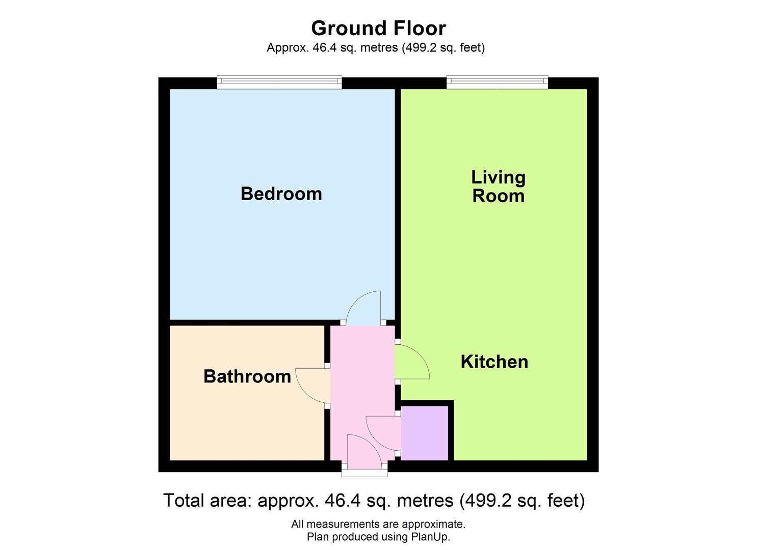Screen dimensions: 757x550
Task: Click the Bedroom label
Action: pyautogui.click(x=281, y=194)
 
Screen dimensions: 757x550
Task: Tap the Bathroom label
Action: pyautogui.click(x=247, y=376)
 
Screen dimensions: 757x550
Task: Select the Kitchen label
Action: pyautogui.click(x=494, y=362)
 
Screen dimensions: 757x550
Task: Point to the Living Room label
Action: pyautogui.click(x=499, y=186)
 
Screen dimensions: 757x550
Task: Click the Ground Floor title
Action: pyautogui.click(x=378, y=29)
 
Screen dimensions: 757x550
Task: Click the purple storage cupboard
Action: pyautogui.click(x=425, y=433)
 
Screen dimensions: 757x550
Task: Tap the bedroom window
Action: pyautogui.click(x=279, y=82)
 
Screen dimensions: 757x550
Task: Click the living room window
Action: pyautogui.click(x=497, y=82)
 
